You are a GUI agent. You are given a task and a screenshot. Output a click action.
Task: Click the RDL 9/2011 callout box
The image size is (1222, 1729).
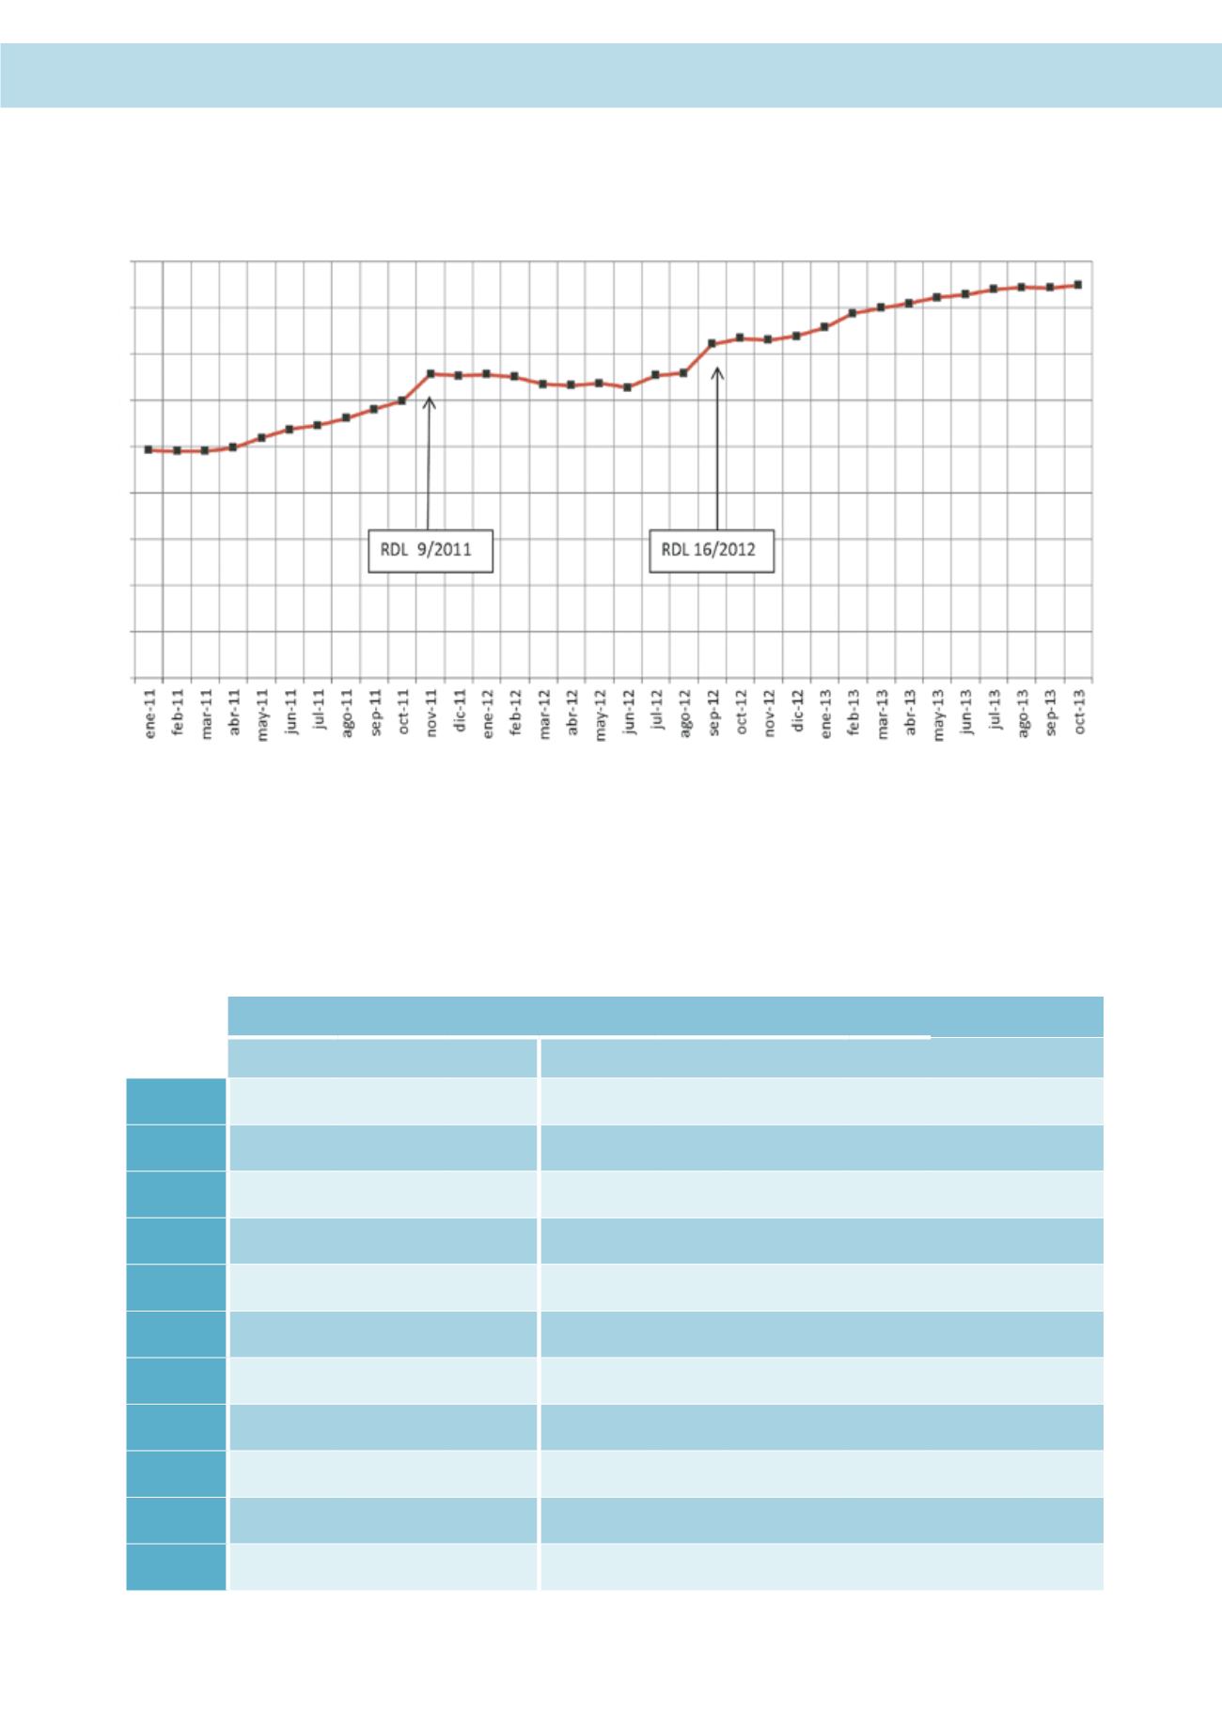pyautogui.click(x=431, y=553)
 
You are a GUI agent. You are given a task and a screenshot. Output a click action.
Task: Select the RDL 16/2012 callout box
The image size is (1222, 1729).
pyautogui.click(x=713, y=553)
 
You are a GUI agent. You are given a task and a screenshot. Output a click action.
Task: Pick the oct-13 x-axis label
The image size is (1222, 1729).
pyautogui.click(x=1079, y=715)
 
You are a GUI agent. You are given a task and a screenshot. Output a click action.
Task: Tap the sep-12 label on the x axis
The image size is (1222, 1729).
pyautogui.click(x=713, y=715)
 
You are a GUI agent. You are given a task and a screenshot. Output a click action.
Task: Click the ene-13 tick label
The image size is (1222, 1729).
pyautogui.click(x=825, y=715)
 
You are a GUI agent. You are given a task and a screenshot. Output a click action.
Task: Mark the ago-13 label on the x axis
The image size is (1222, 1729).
pyautogui.click(x=1023, y=715)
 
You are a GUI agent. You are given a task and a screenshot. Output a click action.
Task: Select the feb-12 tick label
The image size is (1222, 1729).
pyautogui.click(x=516, y=715)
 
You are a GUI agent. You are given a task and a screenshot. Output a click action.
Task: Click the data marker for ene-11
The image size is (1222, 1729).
pyautogui.click(x=149, y=449)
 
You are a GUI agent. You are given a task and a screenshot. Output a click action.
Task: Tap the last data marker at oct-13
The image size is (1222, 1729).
pyautogui.click(x=1078, y=284)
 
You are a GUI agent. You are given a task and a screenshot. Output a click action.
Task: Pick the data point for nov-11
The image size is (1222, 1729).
pyautogui.click(x=431, y=373)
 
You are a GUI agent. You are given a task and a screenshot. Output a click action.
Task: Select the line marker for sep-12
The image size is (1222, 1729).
pyautogui.click(x=712, y=343)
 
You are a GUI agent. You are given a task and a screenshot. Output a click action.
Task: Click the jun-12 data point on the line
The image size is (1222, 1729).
pyautogui.click(x=627, y=386)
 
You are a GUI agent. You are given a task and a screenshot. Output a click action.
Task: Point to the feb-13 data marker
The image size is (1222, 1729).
pyautogui.click(x=853, y=312)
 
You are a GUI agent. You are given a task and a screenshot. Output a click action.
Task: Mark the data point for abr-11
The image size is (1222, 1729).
pyautogui.click(x=233, y=447)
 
